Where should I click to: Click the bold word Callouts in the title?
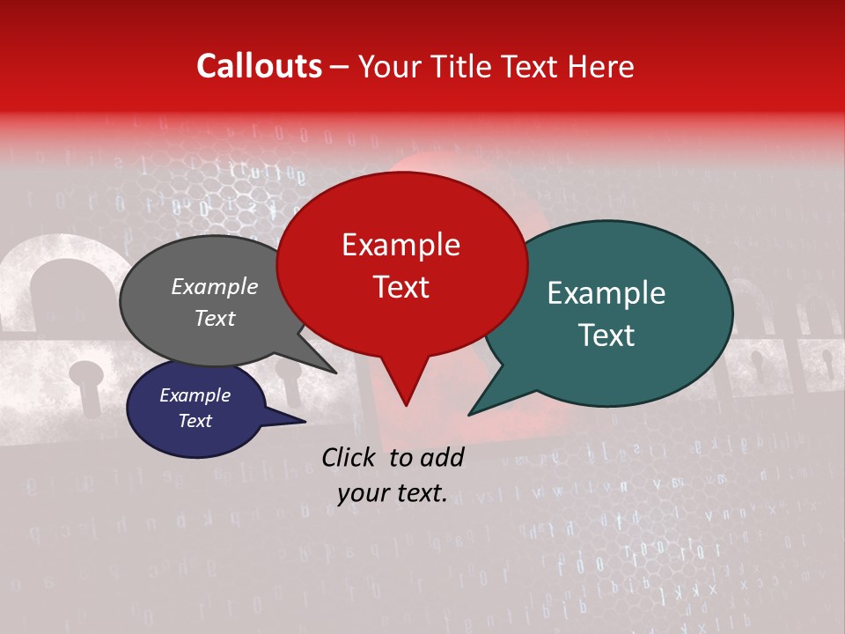(259, 66)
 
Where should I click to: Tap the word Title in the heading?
(463, 66)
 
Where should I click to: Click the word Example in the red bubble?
(400, 245)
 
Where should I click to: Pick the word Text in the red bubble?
(400, 287)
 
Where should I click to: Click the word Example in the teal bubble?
(606, 293)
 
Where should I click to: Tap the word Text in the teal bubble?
(607, 335)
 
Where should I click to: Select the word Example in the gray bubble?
(214, 286)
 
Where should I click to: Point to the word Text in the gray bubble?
(214, 318)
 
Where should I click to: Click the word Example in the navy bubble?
(195, 395)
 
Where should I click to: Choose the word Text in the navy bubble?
(195, 421)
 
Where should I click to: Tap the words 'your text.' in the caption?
(392, 494)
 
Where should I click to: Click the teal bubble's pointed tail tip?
(469, 414)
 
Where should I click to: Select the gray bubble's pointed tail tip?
(335, 372)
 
